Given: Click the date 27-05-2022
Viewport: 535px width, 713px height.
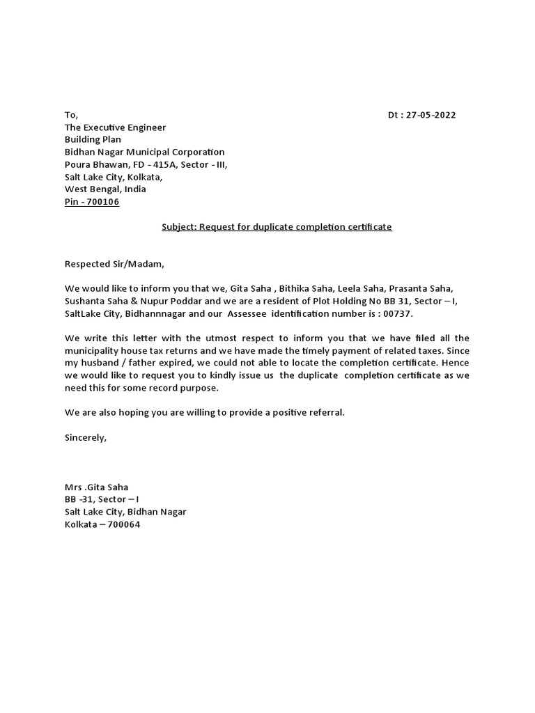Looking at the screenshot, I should [430, 115].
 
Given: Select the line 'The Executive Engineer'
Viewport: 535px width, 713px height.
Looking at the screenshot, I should [115, 127].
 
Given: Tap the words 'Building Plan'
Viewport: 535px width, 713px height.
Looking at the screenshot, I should [93, 139].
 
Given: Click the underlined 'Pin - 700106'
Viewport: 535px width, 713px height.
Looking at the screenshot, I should [91, 201].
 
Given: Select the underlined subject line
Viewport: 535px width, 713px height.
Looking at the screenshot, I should [277, 227].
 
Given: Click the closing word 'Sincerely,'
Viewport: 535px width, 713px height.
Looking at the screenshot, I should [86, 437].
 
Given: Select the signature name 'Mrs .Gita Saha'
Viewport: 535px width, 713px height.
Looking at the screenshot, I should [96, 487].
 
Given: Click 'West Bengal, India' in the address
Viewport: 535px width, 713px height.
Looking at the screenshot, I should [105, 189].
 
